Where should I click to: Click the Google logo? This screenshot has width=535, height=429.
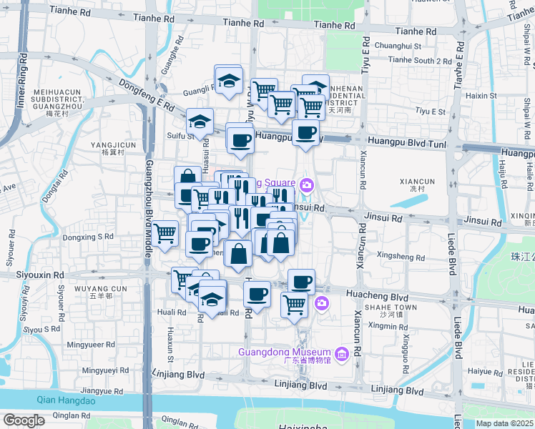pyautogui.click(x=24, y=420)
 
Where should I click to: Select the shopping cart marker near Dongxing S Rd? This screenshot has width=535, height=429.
pyautogui.click(x=165, y=233)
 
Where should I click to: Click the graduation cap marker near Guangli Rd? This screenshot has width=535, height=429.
pyautogui.click(x=229, y=80)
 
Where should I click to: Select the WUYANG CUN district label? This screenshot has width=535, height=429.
pyautogui.click(x=101, y=289)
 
